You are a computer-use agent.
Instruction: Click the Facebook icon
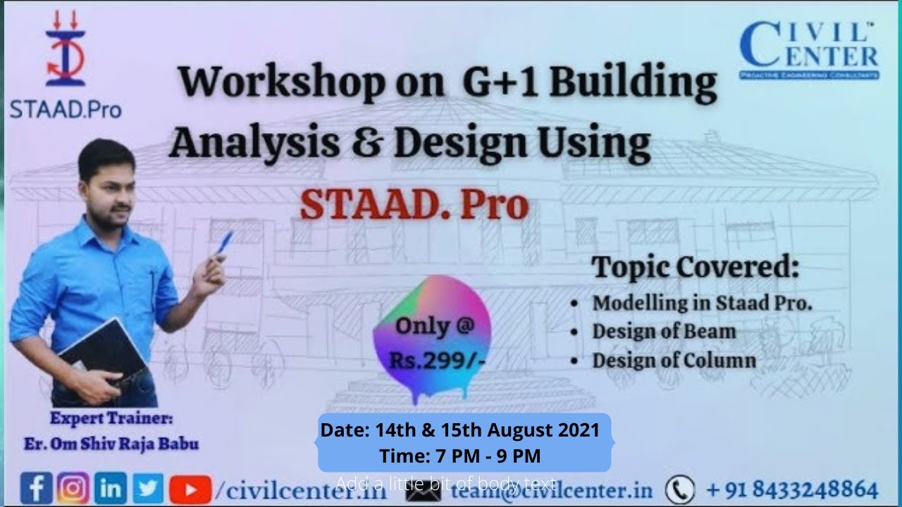pyautogui.click(x=37, y=488)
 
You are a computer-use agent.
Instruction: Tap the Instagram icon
pyautogui.click(x=73, y=488)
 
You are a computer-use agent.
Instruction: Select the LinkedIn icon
pyautogui.click(x=111, y=488)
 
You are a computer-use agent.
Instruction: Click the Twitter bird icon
pyautogui.click(x=147, y=488)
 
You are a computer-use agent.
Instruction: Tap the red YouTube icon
pyautogui.click(x=190, y=489)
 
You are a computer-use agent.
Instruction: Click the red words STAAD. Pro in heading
pyautogui.click(x=414, y=204)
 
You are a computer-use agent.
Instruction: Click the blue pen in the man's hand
pyautogui.click(x=224, y=242)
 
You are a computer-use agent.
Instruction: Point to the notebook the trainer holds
pyautogui.click(x=104, y=353)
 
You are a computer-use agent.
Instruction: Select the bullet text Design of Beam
pyautogui.click(x=664, y=331)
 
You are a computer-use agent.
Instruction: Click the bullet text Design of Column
pyautogui.click(x=674, y=361)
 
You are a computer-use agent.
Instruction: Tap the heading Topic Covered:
pyautogui.click(x=695, y=268)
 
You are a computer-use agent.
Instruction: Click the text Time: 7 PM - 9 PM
pyautogui.click(x=460, y=456)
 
